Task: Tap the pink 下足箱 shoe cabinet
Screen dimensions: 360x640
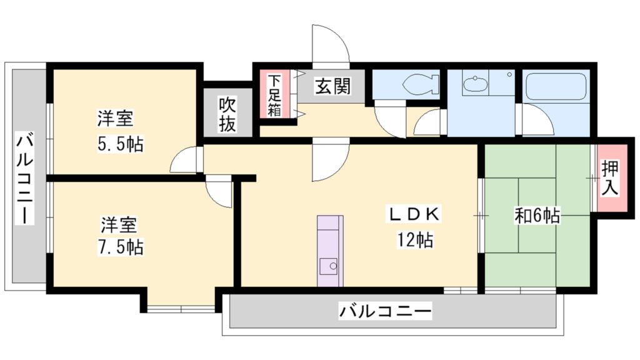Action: [x=274, y=95]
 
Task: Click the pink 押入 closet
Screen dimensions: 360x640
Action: [x=610, y=179]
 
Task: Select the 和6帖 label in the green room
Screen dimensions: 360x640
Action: [x=536, y=216]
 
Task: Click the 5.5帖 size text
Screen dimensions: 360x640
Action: [x=119, y=144]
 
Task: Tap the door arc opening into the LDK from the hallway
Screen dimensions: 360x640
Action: [x=330, y=162]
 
